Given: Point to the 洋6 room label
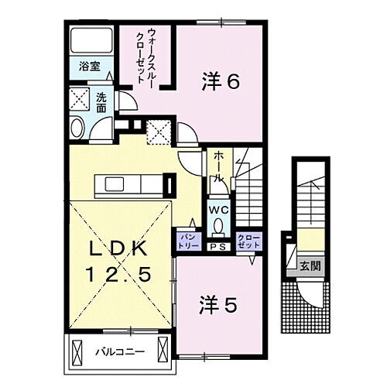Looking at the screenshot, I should point(219,80).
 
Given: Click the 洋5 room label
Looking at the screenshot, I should point(219,305).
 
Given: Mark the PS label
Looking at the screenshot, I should point(217,247).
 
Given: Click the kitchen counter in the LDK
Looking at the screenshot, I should point(128,184).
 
